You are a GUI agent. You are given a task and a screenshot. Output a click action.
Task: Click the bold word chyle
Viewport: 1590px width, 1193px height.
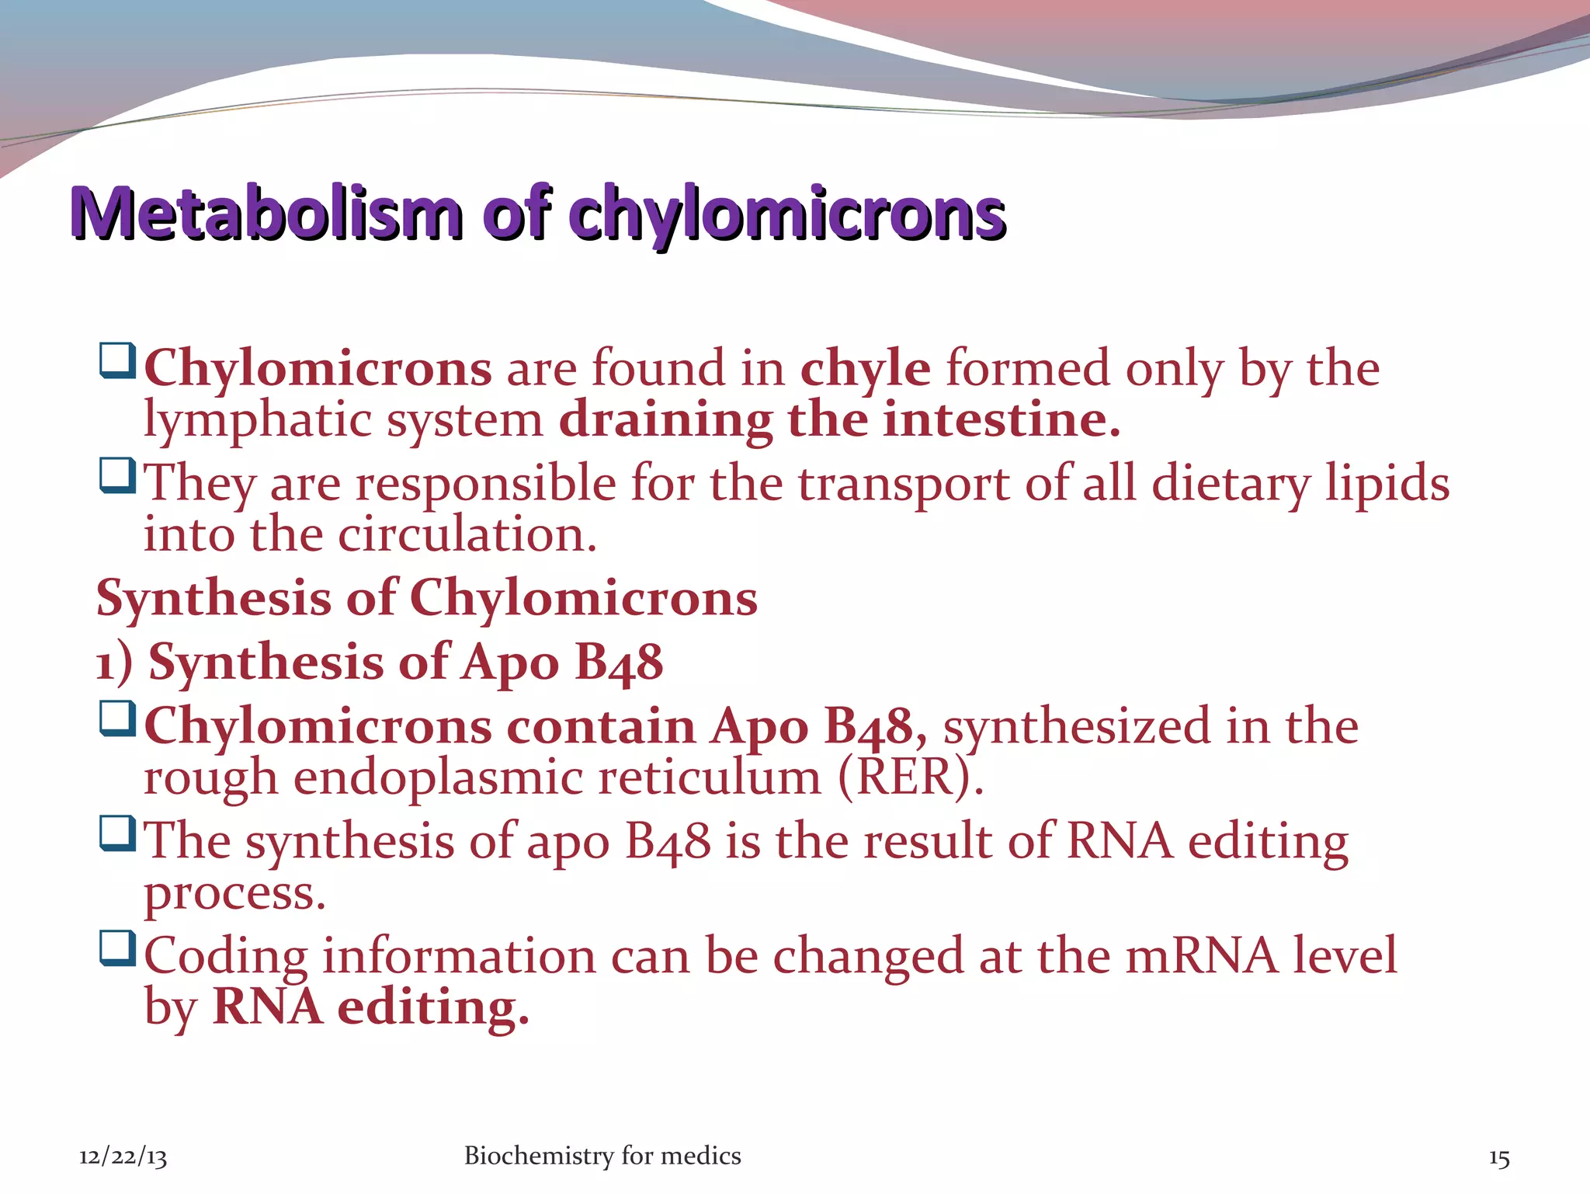click(865, 368)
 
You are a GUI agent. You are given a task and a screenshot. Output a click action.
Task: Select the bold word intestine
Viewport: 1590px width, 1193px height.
click(1001, 420)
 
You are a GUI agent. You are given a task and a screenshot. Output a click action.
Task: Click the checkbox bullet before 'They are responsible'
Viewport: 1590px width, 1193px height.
click(118, 475)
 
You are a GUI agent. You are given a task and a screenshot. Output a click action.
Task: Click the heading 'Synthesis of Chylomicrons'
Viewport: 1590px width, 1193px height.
click(426, 599)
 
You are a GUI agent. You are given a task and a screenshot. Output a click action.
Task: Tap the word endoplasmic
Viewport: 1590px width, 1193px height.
click(438, 779)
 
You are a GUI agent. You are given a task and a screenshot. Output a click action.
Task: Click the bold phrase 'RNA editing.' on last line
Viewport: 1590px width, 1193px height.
click(370, 1007)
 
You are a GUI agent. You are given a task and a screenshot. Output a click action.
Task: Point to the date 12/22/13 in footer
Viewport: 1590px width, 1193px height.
click(123, 1156)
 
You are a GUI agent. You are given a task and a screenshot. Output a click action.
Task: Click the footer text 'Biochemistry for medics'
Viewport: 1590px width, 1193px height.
click(602, 1156)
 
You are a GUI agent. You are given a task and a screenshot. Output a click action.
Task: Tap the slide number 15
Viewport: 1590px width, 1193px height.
click(1498, 1158)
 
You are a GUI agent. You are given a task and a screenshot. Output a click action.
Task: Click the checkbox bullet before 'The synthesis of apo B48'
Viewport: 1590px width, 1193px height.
click(118, 833)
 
